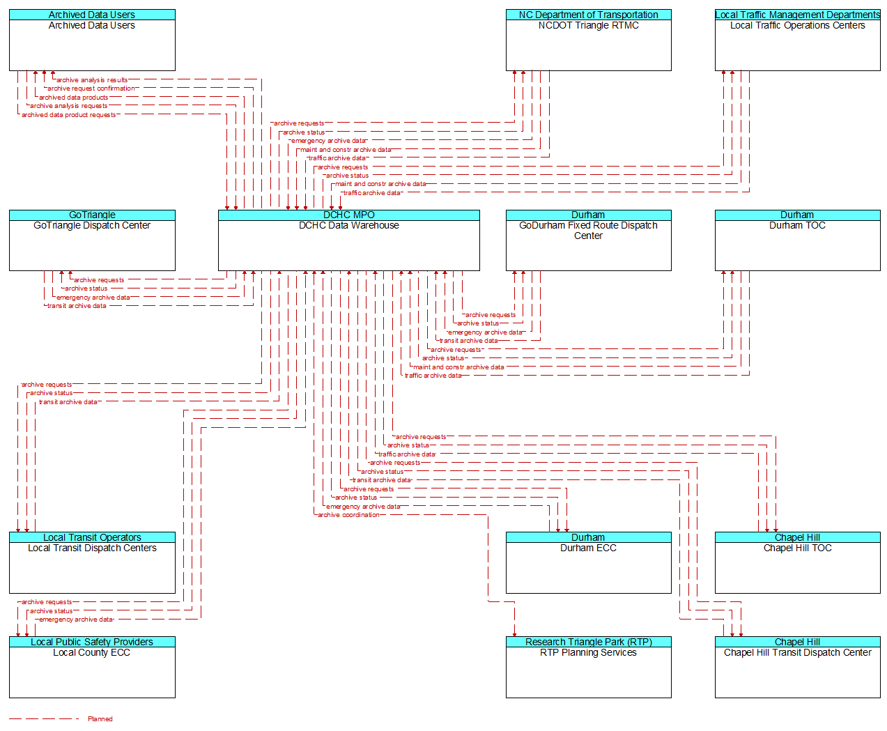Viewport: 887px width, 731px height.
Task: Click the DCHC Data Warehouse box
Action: pyautogui.click(x=348, y=245)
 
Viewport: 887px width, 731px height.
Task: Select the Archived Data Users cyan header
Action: pyautogui.click(x=92, y=15)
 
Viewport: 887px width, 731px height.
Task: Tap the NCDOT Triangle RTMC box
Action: pyautogui.click(x=588, y=45)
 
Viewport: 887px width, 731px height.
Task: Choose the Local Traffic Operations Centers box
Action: pyautogui.click(x=797, y=45)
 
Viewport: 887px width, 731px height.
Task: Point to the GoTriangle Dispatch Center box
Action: pyautogui.click(x=92, y=245)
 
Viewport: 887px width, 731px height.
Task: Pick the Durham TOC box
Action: pyautogui.click(x=797, y=245)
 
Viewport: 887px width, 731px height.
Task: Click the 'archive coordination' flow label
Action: pyautogui.click(x=348, y=515)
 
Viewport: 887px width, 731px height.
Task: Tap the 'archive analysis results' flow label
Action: pyautogui.click(x=92, y=80)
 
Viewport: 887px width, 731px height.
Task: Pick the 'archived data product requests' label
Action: pyautogui.click(x=68, y=115)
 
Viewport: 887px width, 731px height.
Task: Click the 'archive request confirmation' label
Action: pyautogui.click(x=91, y=89)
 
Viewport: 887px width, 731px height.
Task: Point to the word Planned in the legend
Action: pyautogui.click(x=100, y=719)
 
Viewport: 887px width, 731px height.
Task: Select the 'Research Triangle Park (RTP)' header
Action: pyautogui.click(x=588, y=642)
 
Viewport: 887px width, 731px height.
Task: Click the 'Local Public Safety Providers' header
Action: pyautogui.click(x=92, y=642)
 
